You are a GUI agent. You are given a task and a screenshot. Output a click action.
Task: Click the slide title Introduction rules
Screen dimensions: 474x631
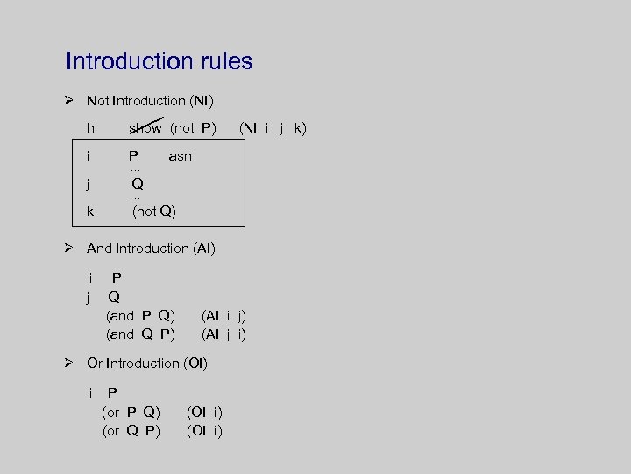pyautogui.click(x=159, y=61)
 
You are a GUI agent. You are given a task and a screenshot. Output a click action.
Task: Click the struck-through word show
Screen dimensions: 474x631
pyautogui.click(x=145, y=128)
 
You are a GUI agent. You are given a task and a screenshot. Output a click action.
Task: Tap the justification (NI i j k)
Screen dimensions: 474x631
pyautogui.click(x=273, y=128)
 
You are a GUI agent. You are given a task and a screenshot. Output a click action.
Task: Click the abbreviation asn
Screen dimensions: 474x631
pyautogui.click(x=180, y=156)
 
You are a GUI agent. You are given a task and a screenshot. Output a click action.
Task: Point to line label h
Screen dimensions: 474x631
pyautogui.click(x=90, y=128)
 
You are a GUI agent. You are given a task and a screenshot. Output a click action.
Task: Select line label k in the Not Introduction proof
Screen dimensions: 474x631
pyautogui.click(x=90, y=212)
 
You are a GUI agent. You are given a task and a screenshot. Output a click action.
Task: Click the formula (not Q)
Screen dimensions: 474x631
pyautogui.click(x=154, y=212)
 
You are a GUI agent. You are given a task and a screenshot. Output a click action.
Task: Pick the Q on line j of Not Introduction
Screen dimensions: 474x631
pyautogui.click(x=138, y=184)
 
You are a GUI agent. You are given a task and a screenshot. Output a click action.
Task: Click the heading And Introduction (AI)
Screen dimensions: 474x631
pyautogui.click(x=151, y=248)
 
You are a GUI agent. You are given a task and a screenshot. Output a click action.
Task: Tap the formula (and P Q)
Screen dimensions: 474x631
pyautogui.click(x=140, y=316)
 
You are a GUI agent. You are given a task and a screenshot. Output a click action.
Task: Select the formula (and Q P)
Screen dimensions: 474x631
pyautogui.click(x=140, y=334)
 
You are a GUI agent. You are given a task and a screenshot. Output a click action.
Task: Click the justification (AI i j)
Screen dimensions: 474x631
pyautogui.click(x=223, y=316)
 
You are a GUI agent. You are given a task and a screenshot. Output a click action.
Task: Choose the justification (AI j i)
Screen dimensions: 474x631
pyautogui.click(x=223, y=334)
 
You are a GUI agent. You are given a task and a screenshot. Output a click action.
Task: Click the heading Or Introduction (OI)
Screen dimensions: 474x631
pyautogui.click(x=146, y=363)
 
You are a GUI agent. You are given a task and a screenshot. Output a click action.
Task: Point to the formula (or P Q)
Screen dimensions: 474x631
pyautogui.click(x=131, y=413)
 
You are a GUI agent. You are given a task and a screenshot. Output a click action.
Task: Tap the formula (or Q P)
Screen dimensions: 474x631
pyautogui.click(x=131, y=431)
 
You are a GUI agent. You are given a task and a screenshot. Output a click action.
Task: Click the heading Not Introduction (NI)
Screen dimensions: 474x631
pyautogui.click(x=150, y=101)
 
